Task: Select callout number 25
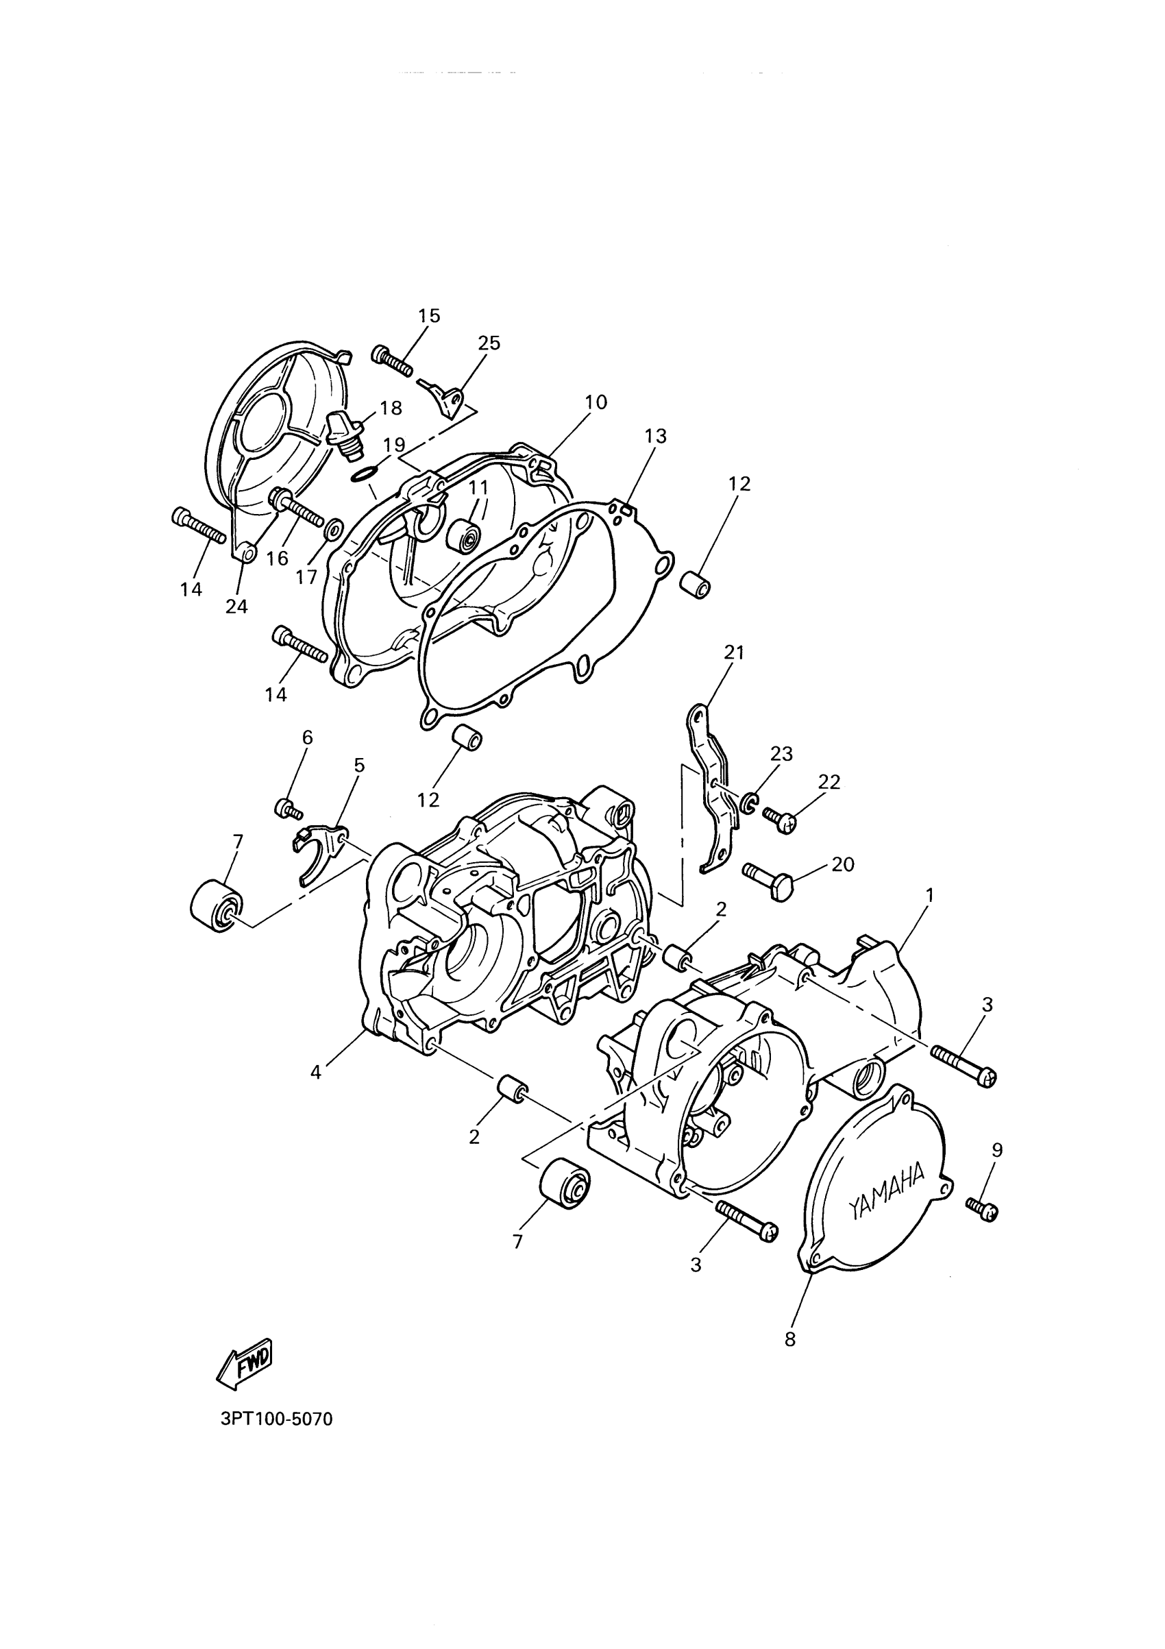[x=489, y=343]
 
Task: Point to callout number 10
[x=596, y=402]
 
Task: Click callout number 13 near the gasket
[x=655, y=436]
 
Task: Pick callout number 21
[x=734, y=653]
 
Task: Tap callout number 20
[x=843, y=865]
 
